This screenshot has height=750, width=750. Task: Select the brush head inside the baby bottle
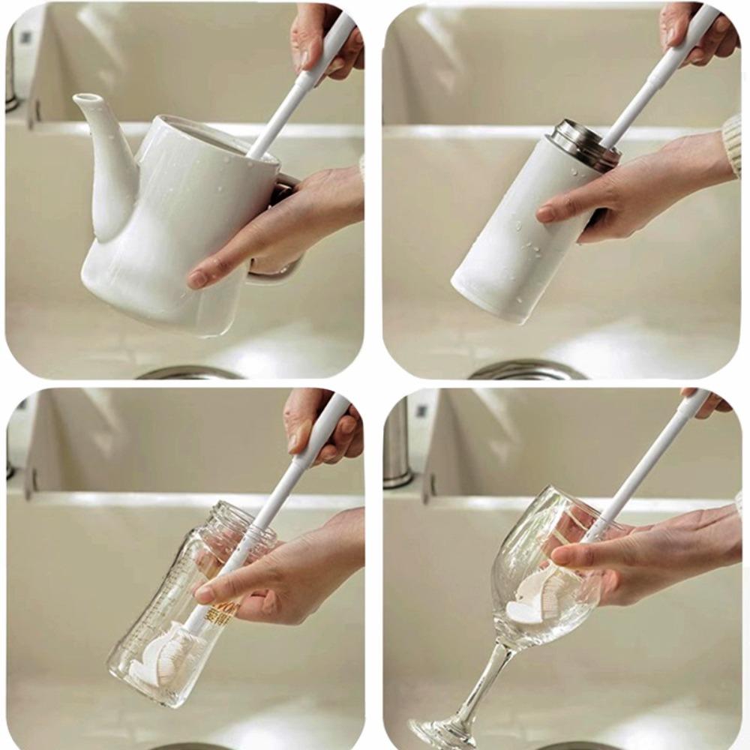(161, 656)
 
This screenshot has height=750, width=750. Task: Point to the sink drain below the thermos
(525, 370)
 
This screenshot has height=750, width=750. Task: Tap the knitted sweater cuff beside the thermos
(733, 142)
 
